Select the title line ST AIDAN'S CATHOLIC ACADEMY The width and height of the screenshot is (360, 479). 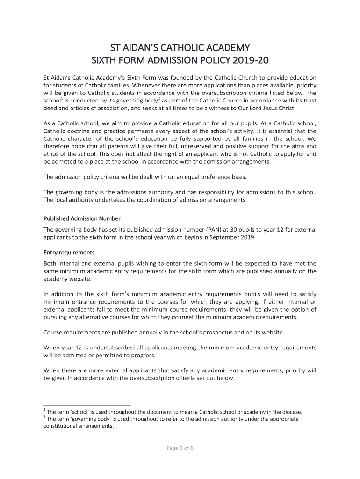[x=180, y=48]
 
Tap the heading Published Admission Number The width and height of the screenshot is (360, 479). [x=82, y=218]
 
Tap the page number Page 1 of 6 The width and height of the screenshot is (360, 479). [x=180, y=448]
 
